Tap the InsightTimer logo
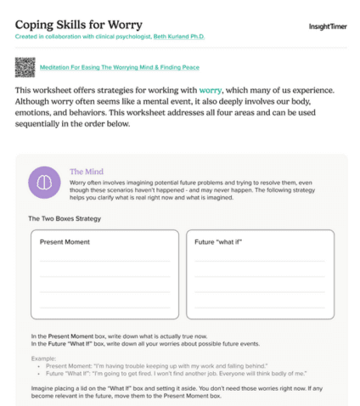click(324, 26)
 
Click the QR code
click(25, 66)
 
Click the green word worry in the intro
click(211, 89)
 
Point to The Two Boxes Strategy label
click(65, 219)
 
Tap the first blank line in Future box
click(259, 262)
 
